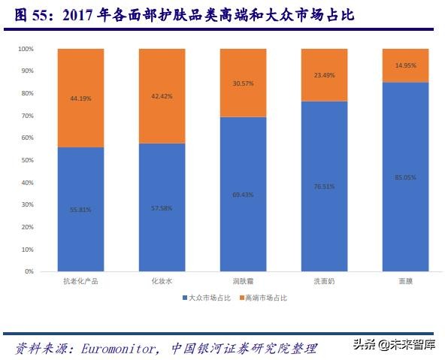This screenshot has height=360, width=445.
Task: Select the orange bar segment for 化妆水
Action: click(162, 95)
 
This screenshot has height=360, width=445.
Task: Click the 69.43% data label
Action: click(243, 195)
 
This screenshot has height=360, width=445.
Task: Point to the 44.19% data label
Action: click(80, 98)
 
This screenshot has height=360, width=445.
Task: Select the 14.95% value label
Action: click(405, 65)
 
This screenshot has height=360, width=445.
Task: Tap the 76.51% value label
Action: click(324, 186)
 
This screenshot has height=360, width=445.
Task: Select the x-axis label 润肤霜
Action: click(243, 282)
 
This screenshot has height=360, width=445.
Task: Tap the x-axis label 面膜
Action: click(405, 282)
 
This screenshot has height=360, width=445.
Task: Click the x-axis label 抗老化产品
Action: click(80, 282)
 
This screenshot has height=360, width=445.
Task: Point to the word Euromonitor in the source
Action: click(114, 348)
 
